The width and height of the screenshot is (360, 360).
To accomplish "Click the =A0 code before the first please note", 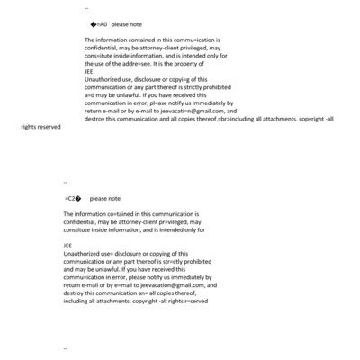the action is click(x=100, y=24).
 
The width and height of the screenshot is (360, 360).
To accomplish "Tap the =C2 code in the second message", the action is click(x=73, y=198).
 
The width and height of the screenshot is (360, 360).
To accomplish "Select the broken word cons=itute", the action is click(x=98, y=56).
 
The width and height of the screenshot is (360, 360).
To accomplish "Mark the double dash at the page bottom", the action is click(x=66, y=347).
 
